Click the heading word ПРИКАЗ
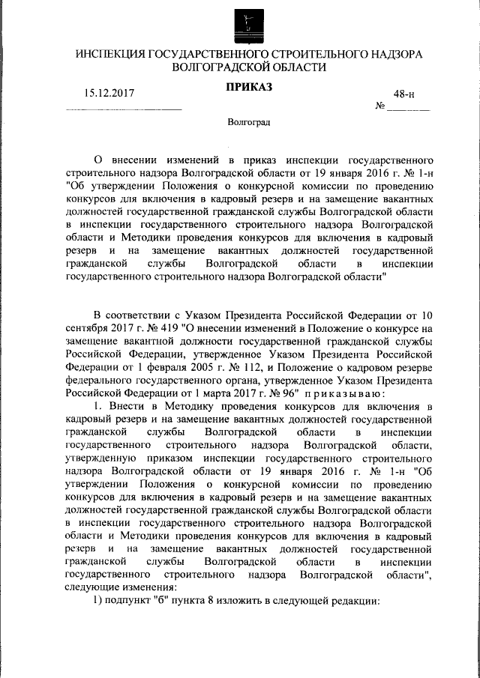[249, 87]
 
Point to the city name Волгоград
[249, 121]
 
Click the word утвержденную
[100, 458]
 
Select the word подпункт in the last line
[127, 601]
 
